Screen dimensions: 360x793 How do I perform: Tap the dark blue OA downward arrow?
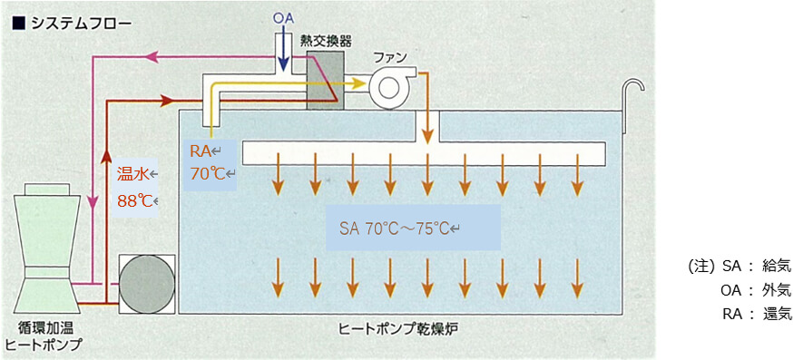pyautogui.click(x=283, y=54)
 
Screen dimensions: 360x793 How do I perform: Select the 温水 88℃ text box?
pyautogui.click(x=137, y=188)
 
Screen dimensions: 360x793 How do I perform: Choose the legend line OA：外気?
pyautogui.click(x=748, y=290)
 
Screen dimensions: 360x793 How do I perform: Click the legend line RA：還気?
pyautogui.click(x=748, y=314)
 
